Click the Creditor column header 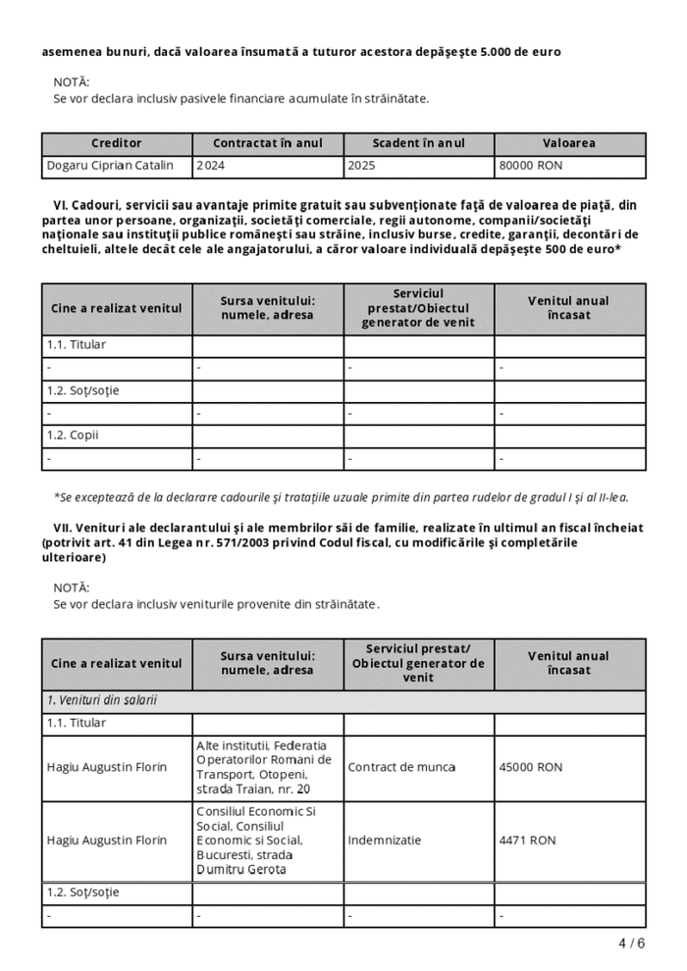(x=117, y=143)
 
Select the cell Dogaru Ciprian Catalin (x=110, y=166)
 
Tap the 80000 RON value (x=531, y=166)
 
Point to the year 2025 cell (x=361, y=166)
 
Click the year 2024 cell (x=210, y=166)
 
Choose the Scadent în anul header (x=419, y=143)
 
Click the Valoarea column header (x=569, y=143)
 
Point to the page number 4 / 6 (x=632, y=944)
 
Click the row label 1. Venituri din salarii (x=102, y=700)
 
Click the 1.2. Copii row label (x=73, y=434)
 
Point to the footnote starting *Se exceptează (x=341, y=497)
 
